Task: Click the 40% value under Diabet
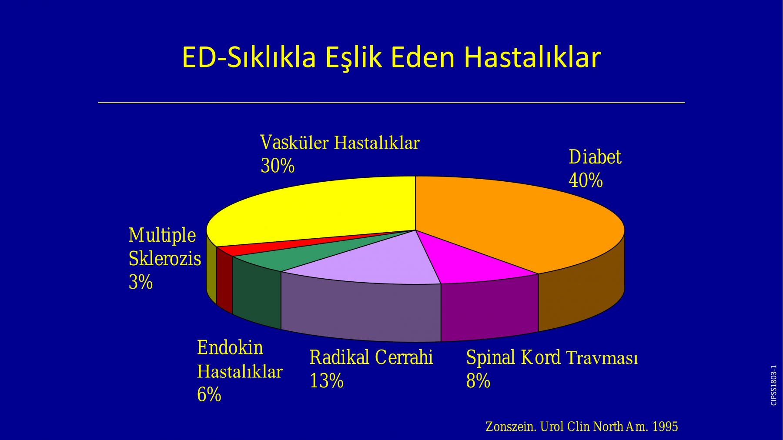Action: click(x=586, y=180)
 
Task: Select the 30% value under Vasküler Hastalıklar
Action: click(x=278, y=166)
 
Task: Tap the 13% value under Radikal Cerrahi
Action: click(x=326, y=381)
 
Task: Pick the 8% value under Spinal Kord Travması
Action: click(x=478, y=381)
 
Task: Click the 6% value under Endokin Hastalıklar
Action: click(x=209, y=395)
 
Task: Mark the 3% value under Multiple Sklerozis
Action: click(x=141, y=282)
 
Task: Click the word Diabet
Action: click(x=595, y=157)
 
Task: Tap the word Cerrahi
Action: click(x=404, y=357)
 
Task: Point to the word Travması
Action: click(x=602, y=358)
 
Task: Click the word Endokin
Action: click(x=230, y=348)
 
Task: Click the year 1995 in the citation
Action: click(x=665, y=427)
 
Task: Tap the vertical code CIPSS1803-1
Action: click(x=773, y=385)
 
